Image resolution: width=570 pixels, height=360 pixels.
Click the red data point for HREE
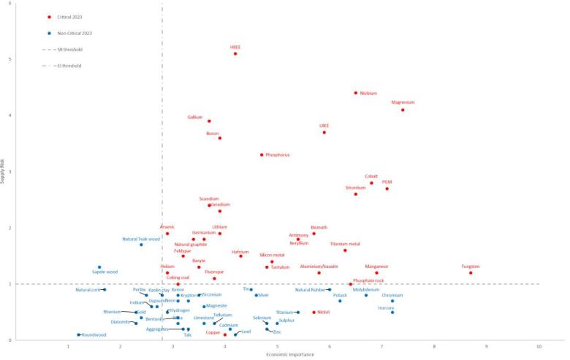235,53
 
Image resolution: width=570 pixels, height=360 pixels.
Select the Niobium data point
356,93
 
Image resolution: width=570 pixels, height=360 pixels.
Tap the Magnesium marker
403,110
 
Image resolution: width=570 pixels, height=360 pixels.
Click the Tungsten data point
471,273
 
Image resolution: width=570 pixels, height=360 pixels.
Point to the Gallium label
195,117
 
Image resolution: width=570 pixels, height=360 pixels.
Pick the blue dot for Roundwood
78,334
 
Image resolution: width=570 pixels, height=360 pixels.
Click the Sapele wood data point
99,267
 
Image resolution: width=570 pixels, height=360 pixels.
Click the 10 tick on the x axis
539,345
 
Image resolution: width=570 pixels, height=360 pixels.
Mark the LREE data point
324,132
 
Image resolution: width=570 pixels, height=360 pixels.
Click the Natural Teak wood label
141,239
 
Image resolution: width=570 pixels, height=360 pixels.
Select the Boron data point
220,138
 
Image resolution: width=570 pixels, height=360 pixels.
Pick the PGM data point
387,188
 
